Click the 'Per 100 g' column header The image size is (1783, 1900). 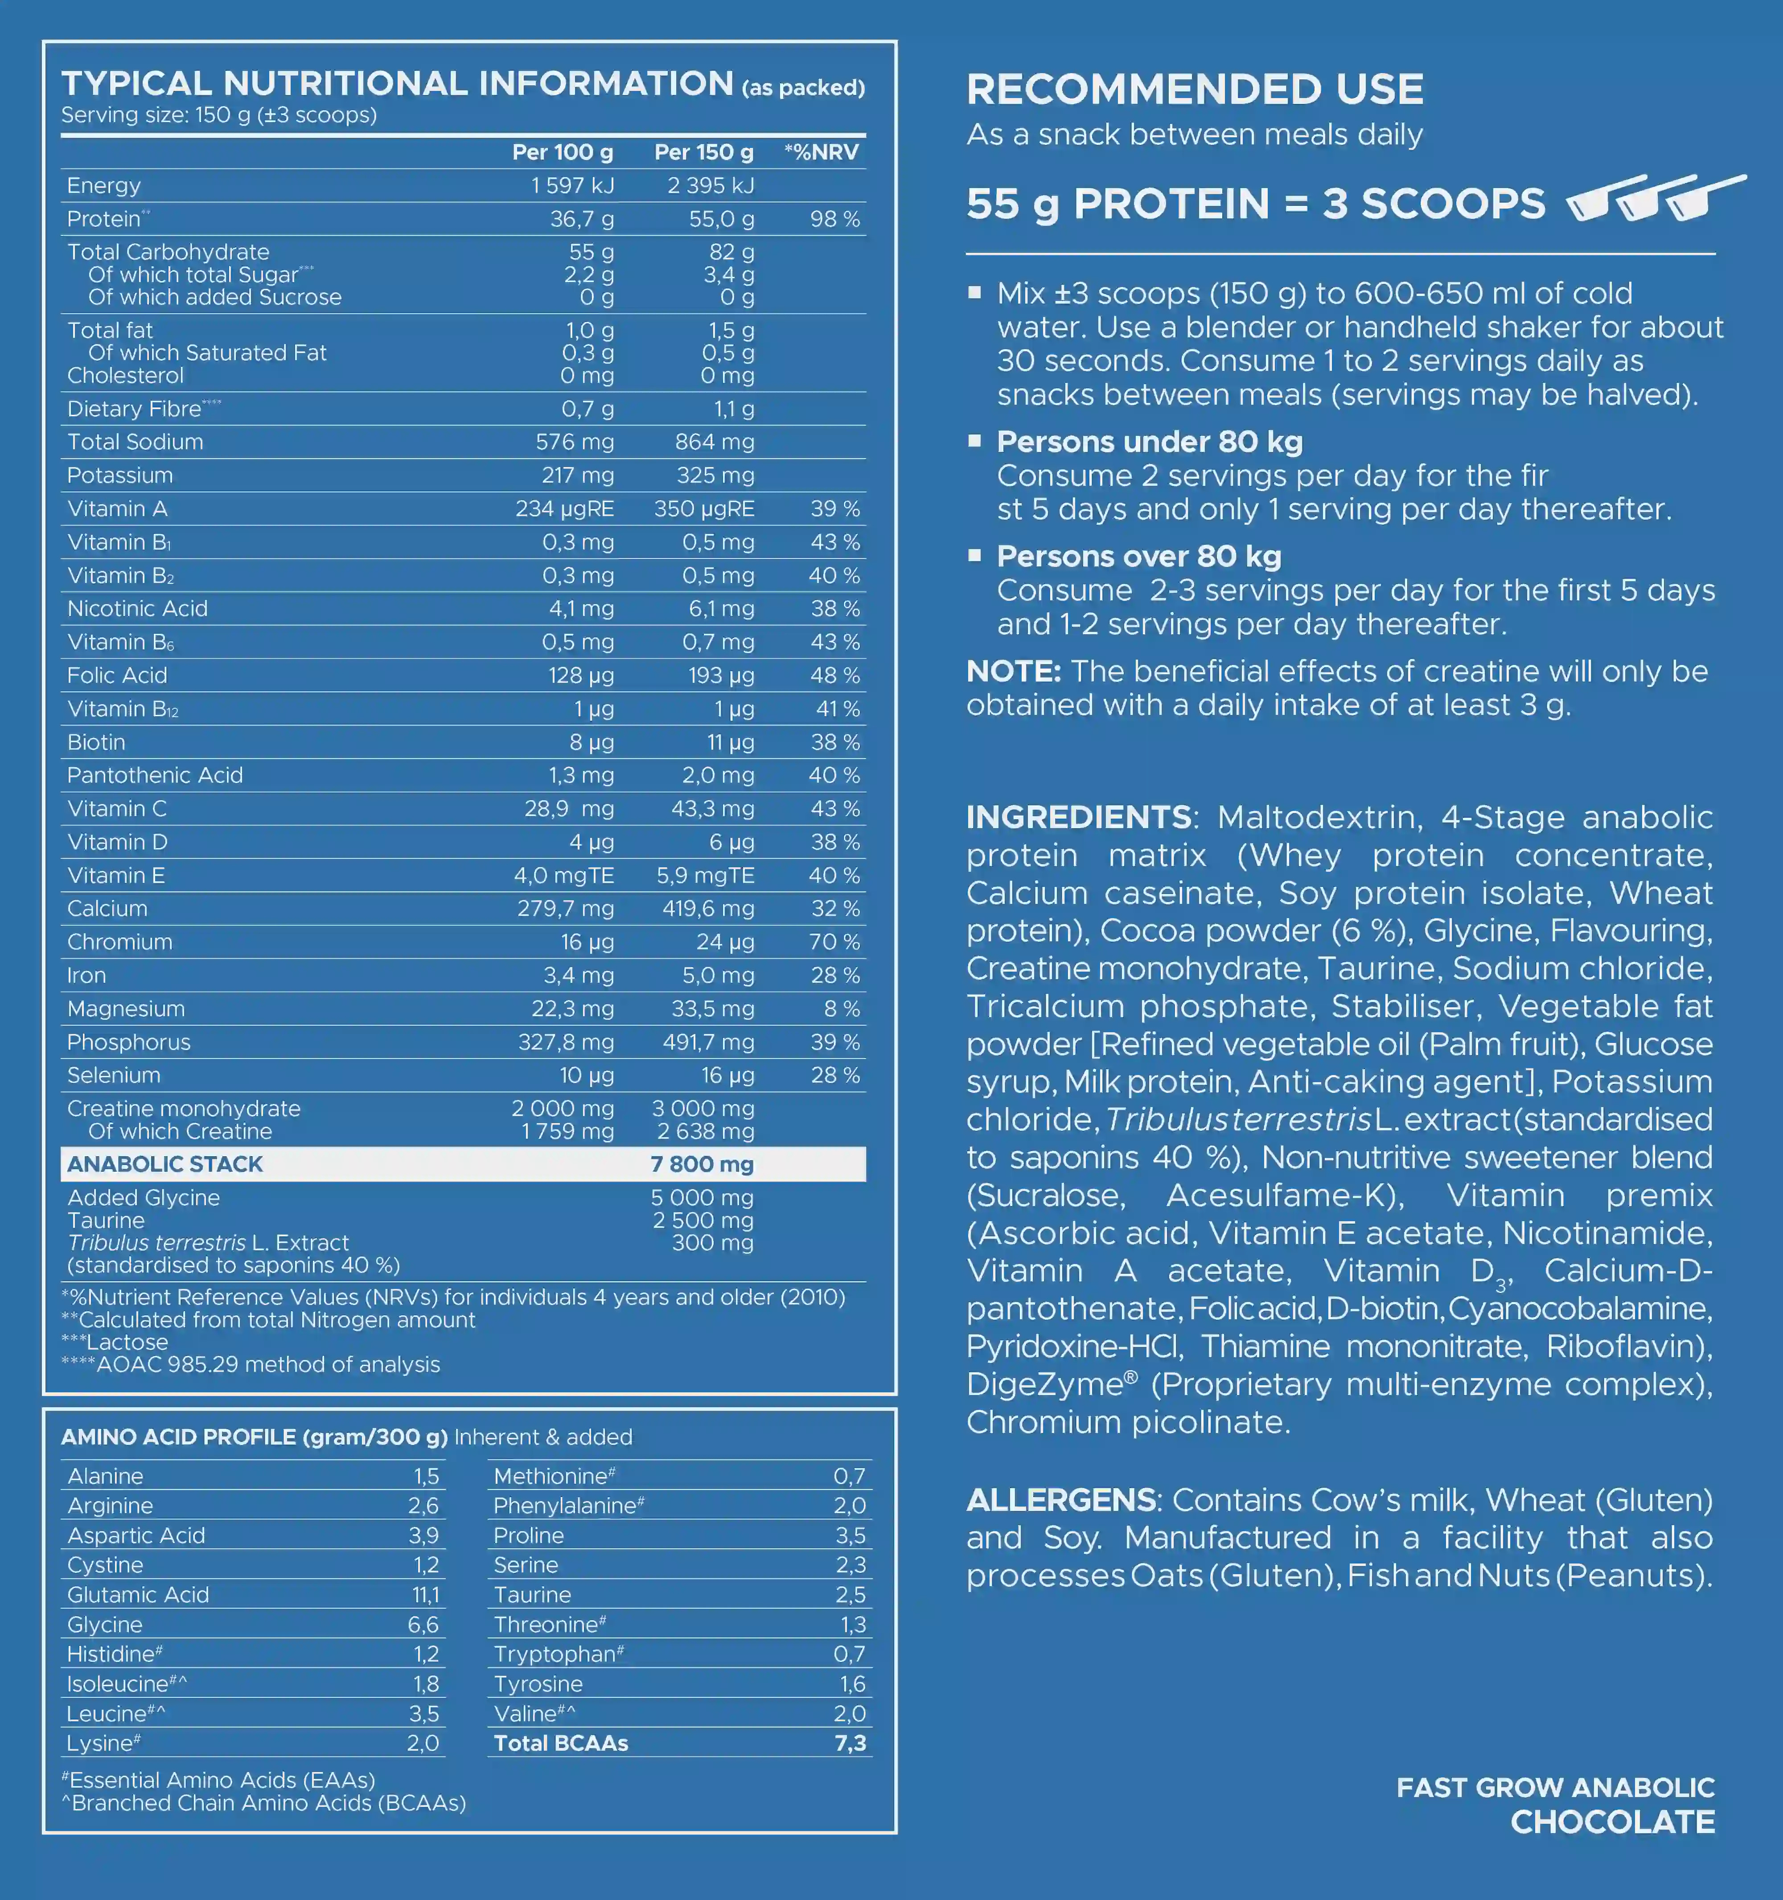(562, 152)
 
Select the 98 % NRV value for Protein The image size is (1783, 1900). (834, 219)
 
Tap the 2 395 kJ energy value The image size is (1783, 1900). (711, 185)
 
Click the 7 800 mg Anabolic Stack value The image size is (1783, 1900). (702, 1164)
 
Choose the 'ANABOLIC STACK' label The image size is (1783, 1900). (164, 1164)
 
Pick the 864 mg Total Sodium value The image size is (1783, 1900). (714, 442)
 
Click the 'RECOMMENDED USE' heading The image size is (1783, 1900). (1194, 90)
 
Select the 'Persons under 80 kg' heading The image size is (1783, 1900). (1149, 442)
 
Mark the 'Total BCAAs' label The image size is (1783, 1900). (560, 1743)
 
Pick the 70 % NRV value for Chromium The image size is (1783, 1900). (834, 941)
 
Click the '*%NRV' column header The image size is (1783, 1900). (821, 152)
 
